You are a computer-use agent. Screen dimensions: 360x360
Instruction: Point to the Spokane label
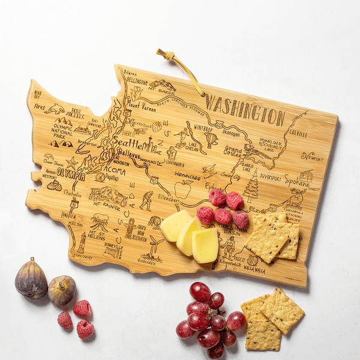click(296, 179)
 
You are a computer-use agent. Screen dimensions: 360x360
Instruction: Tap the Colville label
click(298, 134)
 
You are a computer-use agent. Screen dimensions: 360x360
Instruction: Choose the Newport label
click(311, 157)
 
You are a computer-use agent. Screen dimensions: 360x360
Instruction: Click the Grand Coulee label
click(233, 151)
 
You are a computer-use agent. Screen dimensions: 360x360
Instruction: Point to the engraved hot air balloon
click(211, 139)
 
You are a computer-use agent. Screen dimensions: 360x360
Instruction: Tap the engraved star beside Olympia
click(72, 163)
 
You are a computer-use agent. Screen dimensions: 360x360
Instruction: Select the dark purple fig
click(31, 279)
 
